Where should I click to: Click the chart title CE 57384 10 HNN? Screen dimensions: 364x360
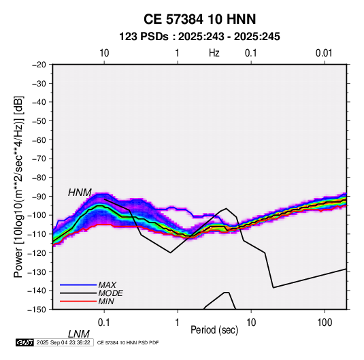(x=199, y=19)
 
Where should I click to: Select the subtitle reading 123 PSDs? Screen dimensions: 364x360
(x=144, y=37)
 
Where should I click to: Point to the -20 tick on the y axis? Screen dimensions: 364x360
(x=39, y=65)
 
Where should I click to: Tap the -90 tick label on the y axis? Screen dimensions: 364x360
(x=39, y=196)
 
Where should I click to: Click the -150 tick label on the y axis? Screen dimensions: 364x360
(x=37, y=310)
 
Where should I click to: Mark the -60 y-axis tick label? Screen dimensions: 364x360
(x=39, y=140)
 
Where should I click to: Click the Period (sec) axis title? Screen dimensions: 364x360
(x=214, y=330)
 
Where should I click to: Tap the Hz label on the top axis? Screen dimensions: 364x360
(x=214, y=53)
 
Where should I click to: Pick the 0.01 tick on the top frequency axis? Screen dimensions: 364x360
(x=324, y=53)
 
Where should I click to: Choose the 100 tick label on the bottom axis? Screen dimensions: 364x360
(x=325, y=323)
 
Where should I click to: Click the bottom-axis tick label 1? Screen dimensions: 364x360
(x=178, y=323)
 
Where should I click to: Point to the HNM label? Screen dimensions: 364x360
(x=80, y=193)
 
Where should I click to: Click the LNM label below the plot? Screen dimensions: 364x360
(x=79, y=334)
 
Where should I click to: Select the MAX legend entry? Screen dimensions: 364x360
(x=107, y=285)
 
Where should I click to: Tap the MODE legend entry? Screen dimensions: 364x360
(x=110, y=293)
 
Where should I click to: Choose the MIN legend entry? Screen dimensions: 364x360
(x=106, y=301)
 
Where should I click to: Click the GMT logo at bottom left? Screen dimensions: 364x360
(x=24, y=342)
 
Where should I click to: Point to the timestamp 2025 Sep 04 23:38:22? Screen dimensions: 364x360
(x=63, y=342)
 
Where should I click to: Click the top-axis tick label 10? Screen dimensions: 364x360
(x=104, y=53)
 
